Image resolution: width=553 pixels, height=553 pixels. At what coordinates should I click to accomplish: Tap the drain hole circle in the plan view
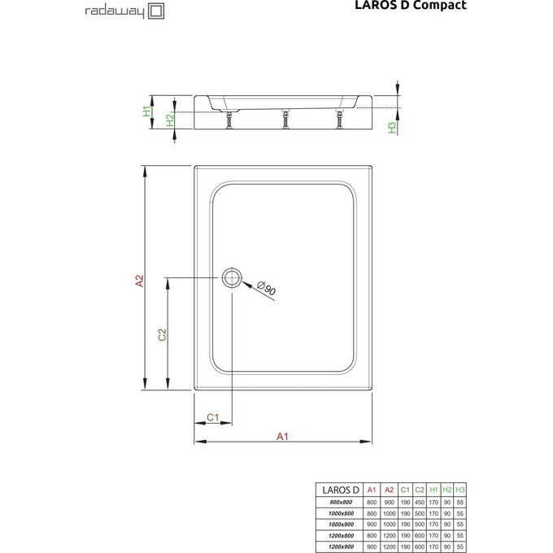pos(232,276)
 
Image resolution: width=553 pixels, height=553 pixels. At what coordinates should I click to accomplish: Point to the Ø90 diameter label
pos(266,288)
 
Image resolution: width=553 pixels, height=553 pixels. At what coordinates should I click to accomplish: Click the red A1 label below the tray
pos(282,436)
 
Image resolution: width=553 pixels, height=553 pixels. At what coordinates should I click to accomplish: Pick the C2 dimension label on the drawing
pos(162,334)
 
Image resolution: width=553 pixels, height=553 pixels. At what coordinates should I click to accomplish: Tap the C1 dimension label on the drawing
pos(211,417)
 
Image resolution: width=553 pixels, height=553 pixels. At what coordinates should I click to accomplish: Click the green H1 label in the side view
pos(147,111)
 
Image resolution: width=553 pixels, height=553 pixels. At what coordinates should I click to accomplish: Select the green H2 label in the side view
pos(169,120)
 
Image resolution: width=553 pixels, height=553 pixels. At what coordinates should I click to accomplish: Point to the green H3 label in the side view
pos(391,127)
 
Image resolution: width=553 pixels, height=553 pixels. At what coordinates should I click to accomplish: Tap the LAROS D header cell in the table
pos(339,490)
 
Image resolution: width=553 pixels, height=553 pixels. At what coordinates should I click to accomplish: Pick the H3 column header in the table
pos(460,490)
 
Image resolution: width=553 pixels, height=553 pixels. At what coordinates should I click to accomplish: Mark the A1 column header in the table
pos(372,490)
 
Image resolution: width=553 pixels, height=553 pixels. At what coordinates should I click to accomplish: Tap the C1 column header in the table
pos(405,490)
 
